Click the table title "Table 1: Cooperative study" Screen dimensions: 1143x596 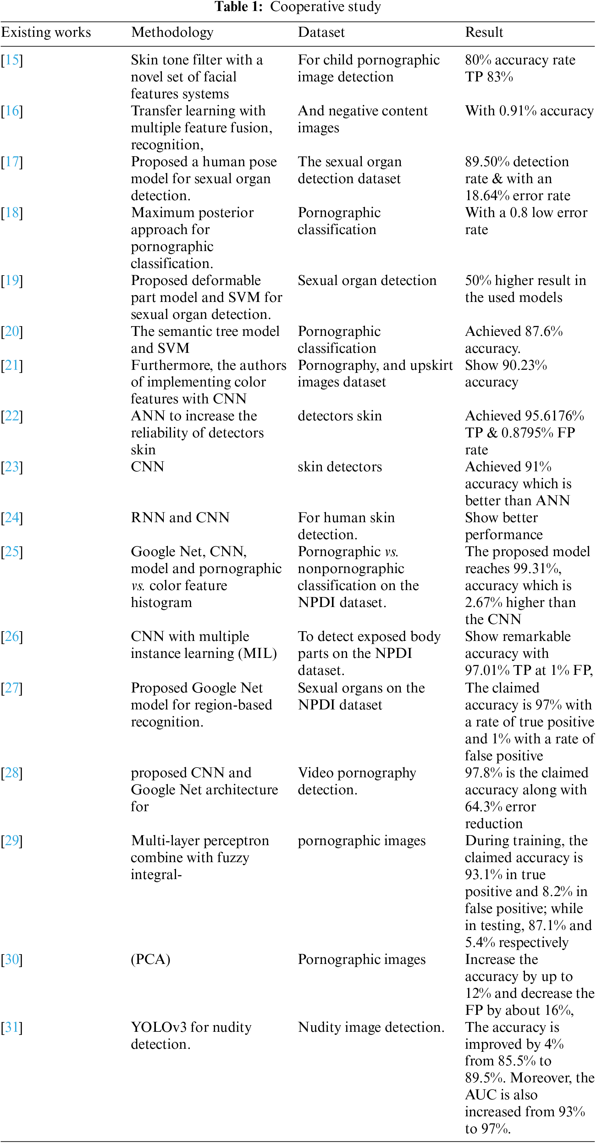(298, 7)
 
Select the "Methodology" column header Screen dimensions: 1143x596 (172, 32)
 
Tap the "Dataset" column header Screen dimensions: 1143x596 (321, 32)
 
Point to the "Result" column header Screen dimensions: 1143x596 (484, 32)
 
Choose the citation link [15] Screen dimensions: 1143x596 (12, 60)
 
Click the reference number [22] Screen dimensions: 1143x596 (12, 416)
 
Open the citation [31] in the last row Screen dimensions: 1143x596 (12, 1027)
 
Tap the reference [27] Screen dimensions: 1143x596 (12, 688)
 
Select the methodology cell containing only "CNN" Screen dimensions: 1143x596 (147, 467)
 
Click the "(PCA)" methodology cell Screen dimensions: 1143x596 (151, 959)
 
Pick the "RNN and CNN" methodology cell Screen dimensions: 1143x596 (180, 518)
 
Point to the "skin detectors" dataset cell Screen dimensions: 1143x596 (339, 467)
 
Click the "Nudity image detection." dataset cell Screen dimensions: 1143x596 (371, 1027)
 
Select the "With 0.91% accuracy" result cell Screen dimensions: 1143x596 (529, 111)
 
